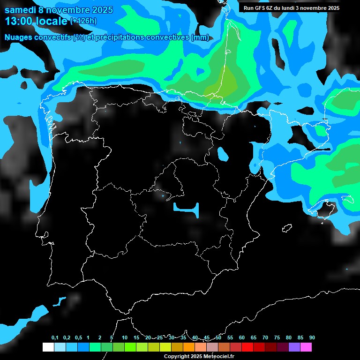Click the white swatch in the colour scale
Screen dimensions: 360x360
pos(48,347)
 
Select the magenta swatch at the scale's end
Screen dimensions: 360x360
pos(306,347)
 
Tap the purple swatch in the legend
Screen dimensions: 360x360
pos(294,347)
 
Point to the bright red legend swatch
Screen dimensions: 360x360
pos(247,347)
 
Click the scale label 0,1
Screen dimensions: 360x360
pos(55,338)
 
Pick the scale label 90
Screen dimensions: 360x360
pos(312,338)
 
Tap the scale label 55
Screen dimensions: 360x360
pos(230,338)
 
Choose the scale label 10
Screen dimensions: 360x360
pos(124,338)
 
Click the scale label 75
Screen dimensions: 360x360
pos(277,338)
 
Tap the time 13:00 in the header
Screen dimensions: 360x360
pos(19,21)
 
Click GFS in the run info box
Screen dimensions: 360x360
pos(262,8)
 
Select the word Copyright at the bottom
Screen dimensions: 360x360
pos(176,357)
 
